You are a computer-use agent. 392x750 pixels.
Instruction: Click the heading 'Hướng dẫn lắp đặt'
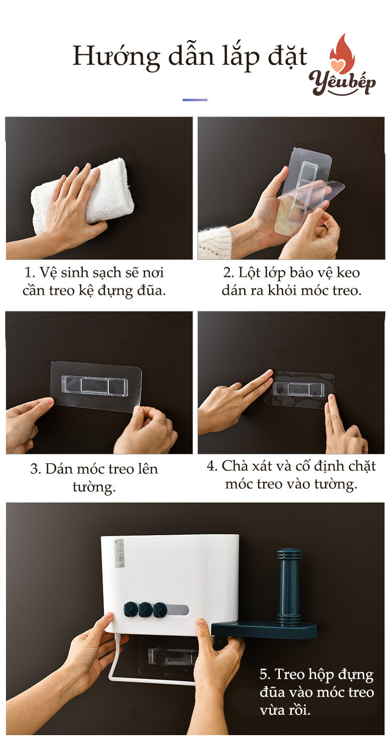(190, 57)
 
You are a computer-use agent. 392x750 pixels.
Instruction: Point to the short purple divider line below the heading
(195, 100)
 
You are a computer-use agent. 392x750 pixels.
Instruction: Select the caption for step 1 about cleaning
(94, 281)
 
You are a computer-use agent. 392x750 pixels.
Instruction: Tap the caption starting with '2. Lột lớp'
(291, 281)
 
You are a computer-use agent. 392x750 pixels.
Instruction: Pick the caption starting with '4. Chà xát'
(291, 475)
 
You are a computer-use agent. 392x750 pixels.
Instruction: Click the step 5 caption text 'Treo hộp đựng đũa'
(316, 691)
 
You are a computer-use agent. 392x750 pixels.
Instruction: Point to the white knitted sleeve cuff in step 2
(214, 243)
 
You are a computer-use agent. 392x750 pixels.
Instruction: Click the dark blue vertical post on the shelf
(289, 586)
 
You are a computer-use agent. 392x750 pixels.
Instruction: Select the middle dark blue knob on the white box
(145, 610)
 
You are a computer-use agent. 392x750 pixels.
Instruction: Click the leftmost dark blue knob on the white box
(131, 610)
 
